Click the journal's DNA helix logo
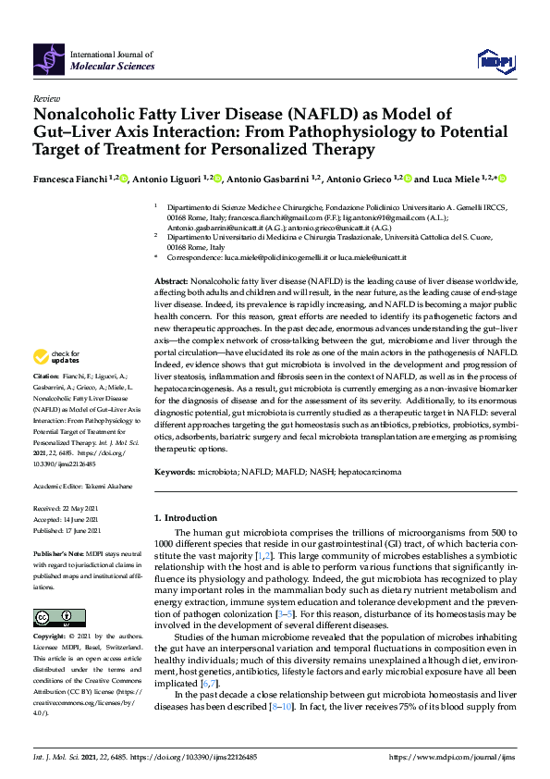(x=49, y=62)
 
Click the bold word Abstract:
(x=171, y=280)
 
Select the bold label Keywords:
(x=174, y=472)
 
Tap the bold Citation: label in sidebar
(x=45, y=402)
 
